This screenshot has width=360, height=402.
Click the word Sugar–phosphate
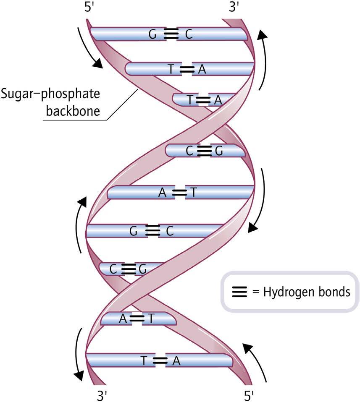click(50, 93)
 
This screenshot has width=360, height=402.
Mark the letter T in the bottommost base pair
click(144, 360)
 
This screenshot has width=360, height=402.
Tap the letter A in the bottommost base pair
click(176, 360)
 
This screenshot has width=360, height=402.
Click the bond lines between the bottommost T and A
click(160, 360)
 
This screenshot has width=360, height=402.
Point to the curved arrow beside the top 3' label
click(263, 59)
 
